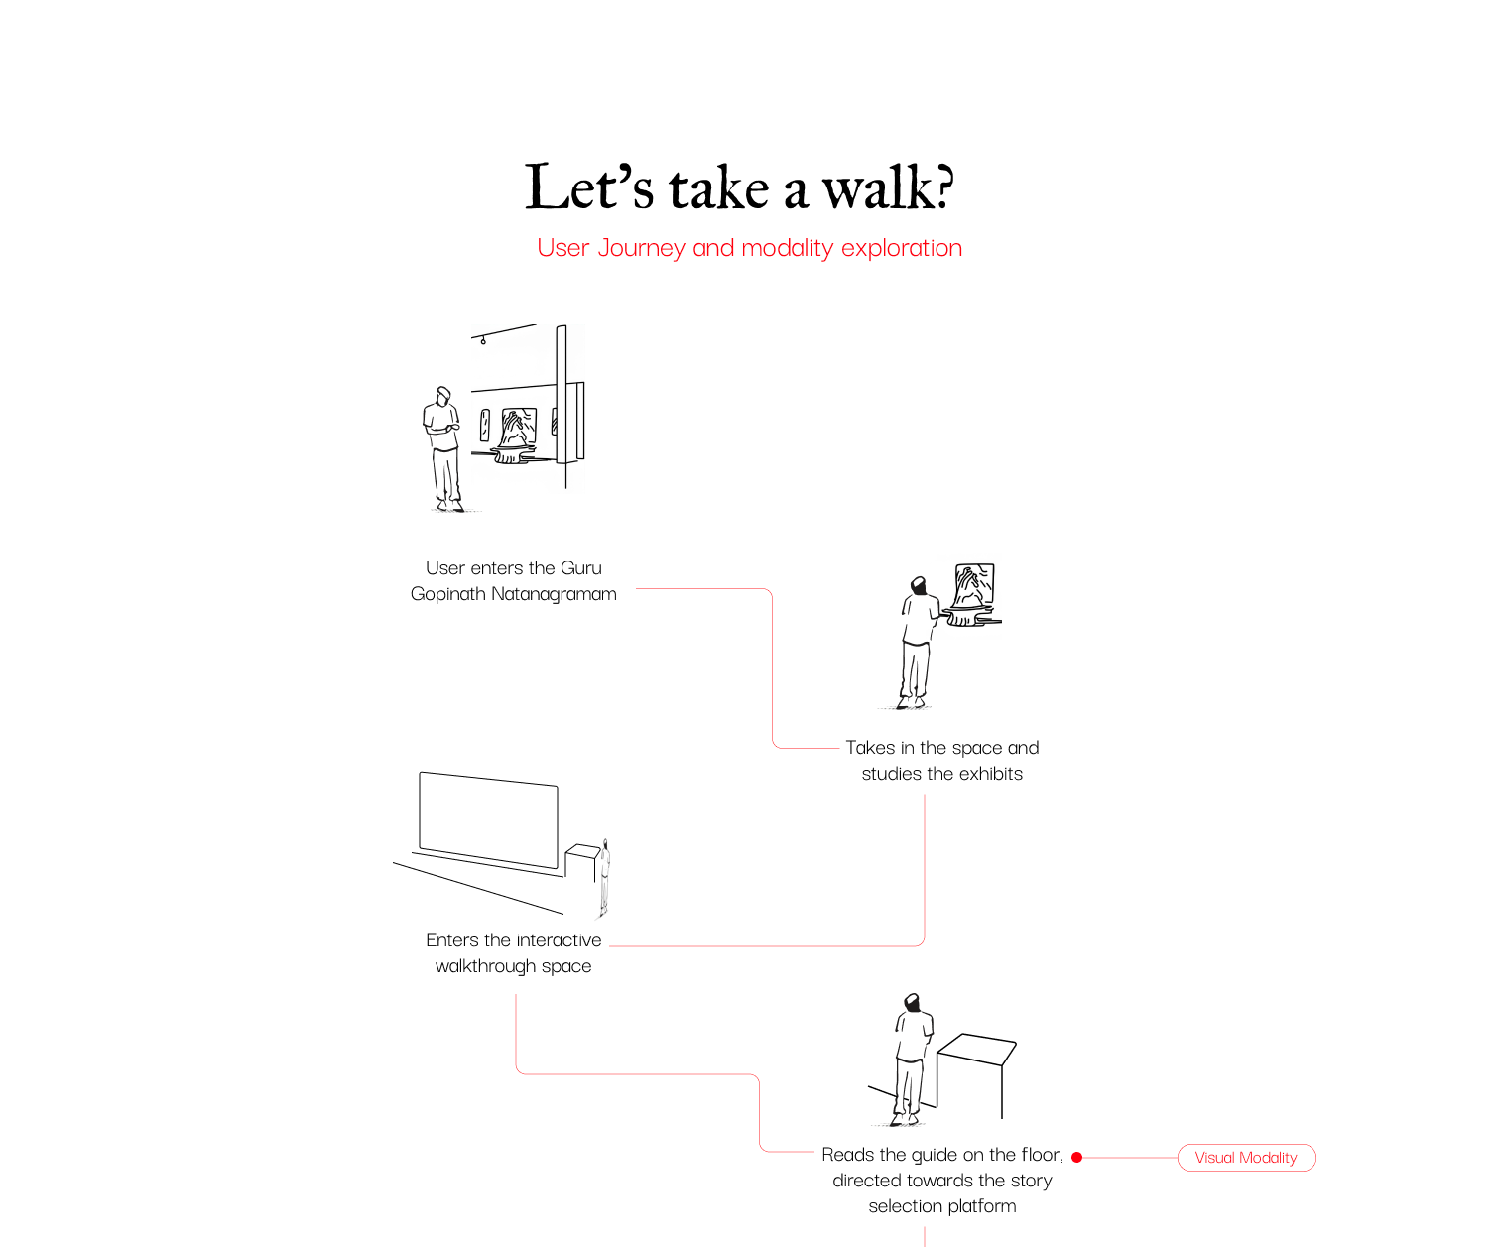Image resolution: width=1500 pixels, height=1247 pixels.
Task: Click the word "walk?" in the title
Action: pyautogui.click(x=888, y=187)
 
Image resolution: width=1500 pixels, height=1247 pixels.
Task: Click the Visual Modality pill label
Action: pyautogui.click(x=1246, y=1158)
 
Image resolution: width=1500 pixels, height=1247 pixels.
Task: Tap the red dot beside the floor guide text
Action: pyautogui.click(x=1076, y=1158)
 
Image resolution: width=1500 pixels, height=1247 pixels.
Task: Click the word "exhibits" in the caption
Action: pyautogui.click(x=984, y=774)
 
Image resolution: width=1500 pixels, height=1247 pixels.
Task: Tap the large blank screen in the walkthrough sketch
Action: pyautogui.click(x=488, y=818)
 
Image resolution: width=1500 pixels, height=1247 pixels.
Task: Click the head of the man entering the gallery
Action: pyautogui.click(x=443, y=395)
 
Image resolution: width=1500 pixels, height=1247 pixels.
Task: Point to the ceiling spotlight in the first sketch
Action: pyautogui.click(x=483, y=341)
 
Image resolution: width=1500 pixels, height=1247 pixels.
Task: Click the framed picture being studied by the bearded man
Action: pyautogui.click(x=973, y=585)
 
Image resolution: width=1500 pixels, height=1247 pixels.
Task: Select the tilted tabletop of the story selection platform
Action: pyautogui.click(x=977, y=1049)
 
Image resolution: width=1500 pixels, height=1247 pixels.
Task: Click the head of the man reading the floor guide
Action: pyautogui.click(x=911, y=1004)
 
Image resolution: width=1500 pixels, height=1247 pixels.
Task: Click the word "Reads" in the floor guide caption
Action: pyautogui.click(x=848, y=1155)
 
